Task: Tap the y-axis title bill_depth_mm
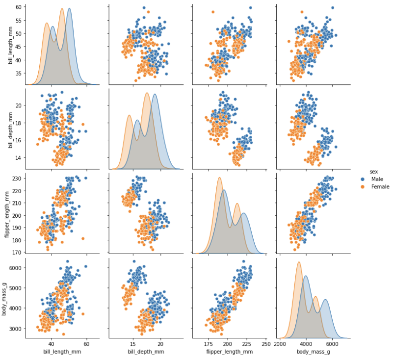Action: [10, 127]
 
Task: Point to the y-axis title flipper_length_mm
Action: [7, 211]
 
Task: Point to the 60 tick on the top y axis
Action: [18, 7]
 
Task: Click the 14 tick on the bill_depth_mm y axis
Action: [18, 158]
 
